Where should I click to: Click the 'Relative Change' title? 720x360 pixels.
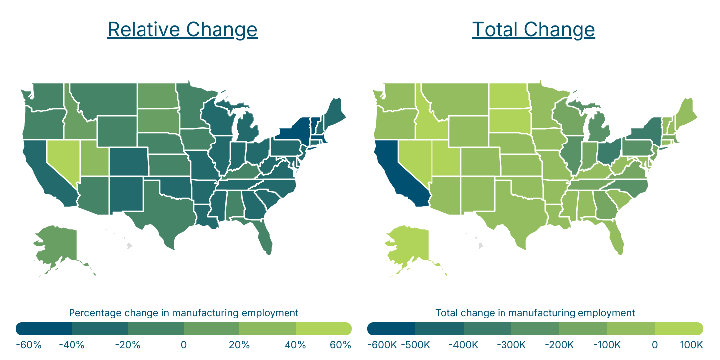pyautogui.click(x=182, y=30)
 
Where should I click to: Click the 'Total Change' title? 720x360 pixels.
pyautogui.click(x=533, y=30)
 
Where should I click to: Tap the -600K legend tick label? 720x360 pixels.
pyautogui.click(x=382, y=345)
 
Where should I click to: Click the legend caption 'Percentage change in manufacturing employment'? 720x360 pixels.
pyautogui.click(x=183, y=313)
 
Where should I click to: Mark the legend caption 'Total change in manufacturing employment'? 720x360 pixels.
pyautogui.click(x=535, y=313)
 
